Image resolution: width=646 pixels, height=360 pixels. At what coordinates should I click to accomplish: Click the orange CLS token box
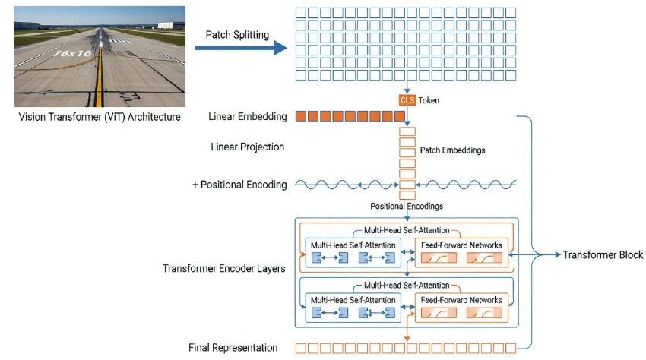coord(407,100)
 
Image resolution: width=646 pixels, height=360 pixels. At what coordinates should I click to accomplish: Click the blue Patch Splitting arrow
coord(241,48)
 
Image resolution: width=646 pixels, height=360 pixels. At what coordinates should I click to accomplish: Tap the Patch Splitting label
coord(237,35)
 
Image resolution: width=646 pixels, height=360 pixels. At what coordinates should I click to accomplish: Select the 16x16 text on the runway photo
coord(73,54)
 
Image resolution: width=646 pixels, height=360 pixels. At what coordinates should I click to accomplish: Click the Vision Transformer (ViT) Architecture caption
coord(100,117)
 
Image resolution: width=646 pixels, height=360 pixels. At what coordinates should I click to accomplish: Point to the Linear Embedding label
coord(247,116)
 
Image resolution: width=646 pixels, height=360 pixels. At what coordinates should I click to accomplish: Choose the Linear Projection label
coord(247,147)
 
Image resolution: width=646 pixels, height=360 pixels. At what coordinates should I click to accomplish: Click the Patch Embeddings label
coord(452,150)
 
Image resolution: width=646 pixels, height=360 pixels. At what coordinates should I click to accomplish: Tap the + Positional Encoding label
coord(239,185)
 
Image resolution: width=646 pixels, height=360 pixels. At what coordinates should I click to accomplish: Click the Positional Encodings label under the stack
coord(407,206)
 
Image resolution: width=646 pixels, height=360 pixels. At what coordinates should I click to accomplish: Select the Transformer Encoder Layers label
coord(223,269)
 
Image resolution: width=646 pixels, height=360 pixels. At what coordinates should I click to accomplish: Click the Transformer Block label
coord(603,255)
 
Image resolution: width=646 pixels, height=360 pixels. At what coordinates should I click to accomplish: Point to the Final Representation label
coord(233,348)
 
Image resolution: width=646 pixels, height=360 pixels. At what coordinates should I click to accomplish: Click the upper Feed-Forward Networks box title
coord(461,245)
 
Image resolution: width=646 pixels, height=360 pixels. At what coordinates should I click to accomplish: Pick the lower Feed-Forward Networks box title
coord(461,300)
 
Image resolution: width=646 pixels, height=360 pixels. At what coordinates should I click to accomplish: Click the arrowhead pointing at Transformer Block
coord(558,255)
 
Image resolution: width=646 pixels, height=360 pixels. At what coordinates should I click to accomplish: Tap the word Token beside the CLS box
coord(429,100)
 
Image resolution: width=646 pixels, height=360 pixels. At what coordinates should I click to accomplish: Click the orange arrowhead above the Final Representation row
coord(407,339)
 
